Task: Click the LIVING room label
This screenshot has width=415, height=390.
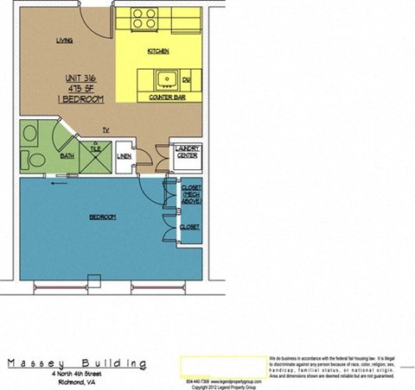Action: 64,41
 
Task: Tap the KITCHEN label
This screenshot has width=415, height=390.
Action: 158,52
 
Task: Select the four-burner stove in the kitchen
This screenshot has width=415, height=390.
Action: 144,18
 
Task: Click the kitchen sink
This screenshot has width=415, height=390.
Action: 164,79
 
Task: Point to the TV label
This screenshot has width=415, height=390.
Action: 105,129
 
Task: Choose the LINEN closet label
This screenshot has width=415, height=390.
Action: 124,155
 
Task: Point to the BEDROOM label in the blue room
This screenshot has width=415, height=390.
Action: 102,217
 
